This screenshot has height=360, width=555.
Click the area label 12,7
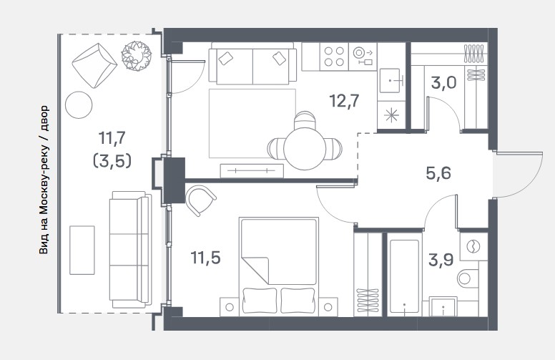click(344, 101)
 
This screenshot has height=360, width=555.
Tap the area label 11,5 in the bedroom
click(205, 258)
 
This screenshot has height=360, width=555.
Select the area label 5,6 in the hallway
click(438, 173)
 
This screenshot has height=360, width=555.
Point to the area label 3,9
click(441, 260)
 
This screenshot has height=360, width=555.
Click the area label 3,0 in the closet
click(444, 83)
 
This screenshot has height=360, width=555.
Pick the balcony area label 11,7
click(112, 138)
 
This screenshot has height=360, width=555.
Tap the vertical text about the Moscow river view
click(44, 180)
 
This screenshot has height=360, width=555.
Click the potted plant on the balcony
click(137, 55)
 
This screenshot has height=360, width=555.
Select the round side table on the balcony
click(79, 105)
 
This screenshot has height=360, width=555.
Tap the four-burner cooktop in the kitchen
click(334, 57)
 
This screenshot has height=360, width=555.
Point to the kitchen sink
click(391, 81)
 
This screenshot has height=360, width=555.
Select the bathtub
click(404, 277)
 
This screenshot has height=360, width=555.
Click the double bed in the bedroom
click(279, 266)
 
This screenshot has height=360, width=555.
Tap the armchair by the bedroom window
click(200, 200)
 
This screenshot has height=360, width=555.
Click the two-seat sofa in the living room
click(252, 64)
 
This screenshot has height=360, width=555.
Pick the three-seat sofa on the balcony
click(130, 250)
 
